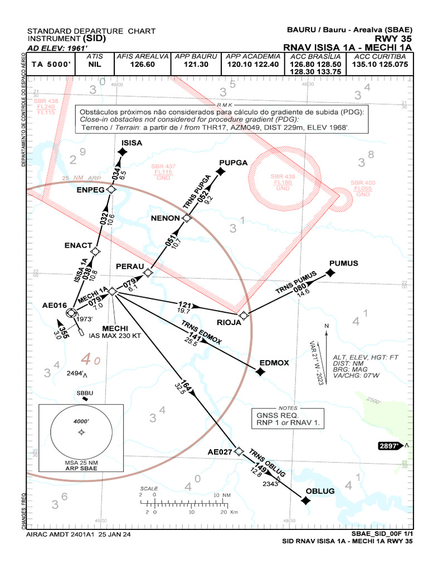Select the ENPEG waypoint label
[x=90, y=190]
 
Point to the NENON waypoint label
[x=166, y=218]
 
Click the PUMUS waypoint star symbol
[x=330, y=273]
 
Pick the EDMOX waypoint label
[x=274, y=363]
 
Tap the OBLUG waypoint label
[x=320, y=491]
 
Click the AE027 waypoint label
[x=220, y=452]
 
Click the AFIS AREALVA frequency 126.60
[x=142, y=65]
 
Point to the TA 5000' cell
[x=51, y=65]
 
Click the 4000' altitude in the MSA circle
[x=81, y=421]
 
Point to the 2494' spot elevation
[x=76, y=373]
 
